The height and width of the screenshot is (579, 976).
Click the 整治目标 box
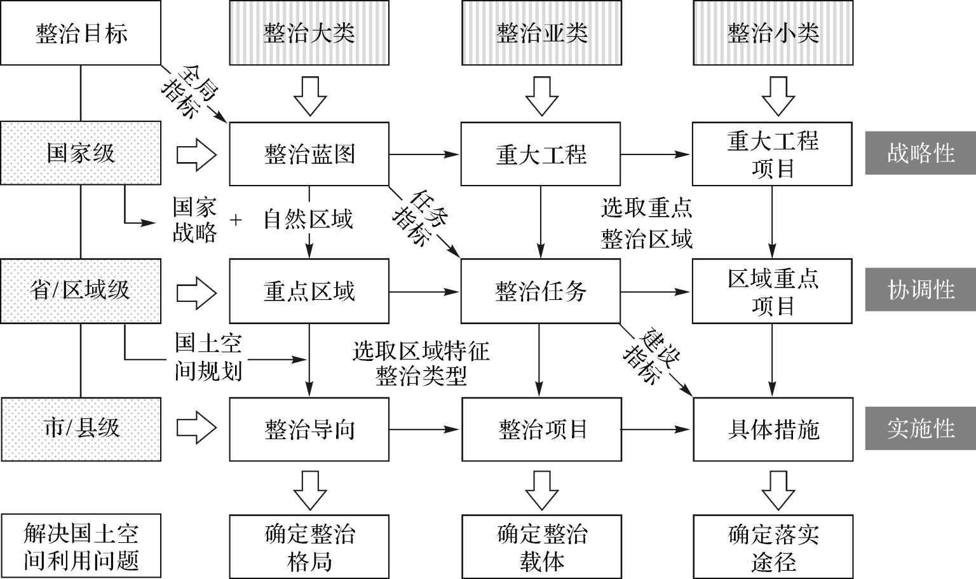[x=81, y=33]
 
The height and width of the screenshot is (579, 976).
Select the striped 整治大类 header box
[x=309, y=33]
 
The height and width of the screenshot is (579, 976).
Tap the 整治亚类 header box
[x=541, y=33]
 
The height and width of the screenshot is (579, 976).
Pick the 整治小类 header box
[x=773, y=33]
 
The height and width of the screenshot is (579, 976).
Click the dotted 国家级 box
[x=81, y=154]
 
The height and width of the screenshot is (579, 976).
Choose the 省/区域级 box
[x=81, y=290]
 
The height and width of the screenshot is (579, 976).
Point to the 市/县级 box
[x=81, y=428]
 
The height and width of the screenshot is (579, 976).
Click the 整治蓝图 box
[x=309, y=154]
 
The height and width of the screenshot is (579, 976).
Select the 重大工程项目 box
[x=772, y=154]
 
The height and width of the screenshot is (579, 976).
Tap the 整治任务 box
[x=541, y=292]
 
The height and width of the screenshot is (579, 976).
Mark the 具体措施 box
[x=773, y=429]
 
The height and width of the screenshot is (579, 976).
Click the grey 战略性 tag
[x=920, y=153]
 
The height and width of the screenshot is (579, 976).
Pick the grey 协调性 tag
[x=920, y=290]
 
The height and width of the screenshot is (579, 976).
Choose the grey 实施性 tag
[x=920, y=428]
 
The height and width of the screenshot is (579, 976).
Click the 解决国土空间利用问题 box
[x=81, y=547]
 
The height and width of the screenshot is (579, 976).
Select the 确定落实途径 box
[x=773, y=547]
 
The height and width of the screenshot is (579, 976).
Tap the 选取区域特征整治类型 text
[x=421, y=364]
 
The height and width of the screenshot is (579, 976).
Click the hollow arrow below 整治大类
[x=309, y=95]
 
